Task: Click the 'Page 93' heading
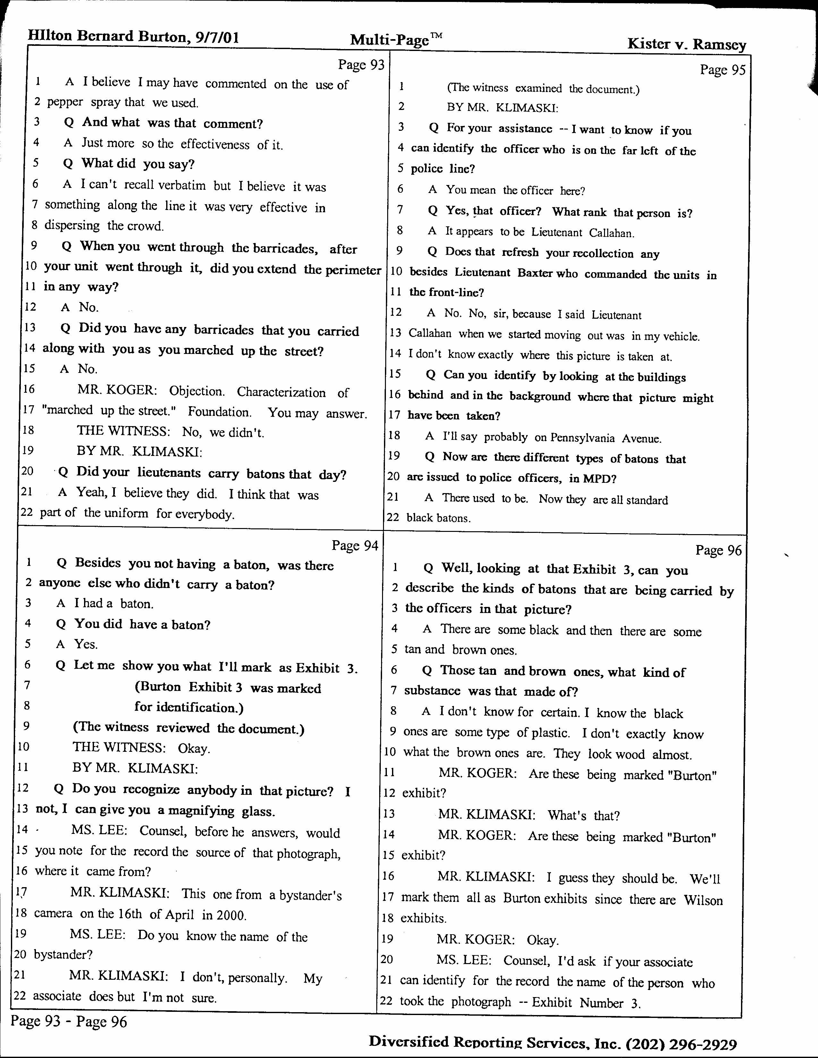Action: [361, 64]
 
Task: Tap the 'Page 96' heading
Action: [718, 550]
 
